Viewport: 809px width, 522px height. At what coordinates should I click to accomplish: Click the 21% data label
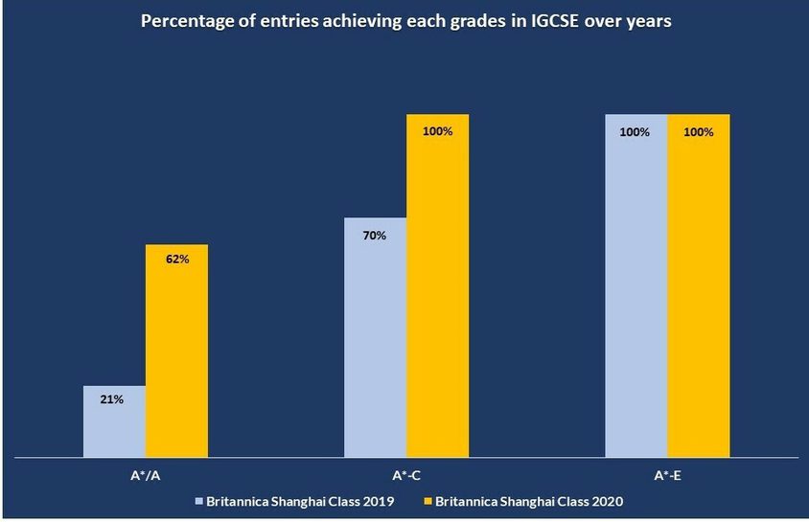pyautogui.click(x=111, y=398)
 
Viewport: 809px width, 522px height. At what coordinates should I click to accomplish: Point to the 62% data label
pyautogui.click(x=177, y=259)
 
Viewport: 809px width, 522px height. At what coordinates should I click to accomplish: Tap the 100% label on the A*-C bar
pyautogui.click(x=437, y=130)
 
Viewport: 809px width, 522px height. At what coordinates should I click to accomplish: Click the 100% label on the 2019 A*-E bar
pyautogui.click(x=635, y=132)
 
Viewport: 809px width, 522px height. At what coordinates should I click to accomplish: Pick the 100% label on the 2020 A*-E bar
pyautogui.click(x=699, y=132)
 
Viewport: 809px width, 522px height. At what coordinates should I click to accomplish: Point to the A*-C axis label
pyautogui.click(x=405, y=474)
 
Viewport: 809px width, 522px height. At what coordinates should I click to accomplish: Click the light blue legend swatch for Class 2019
pyautogui.click(x=198, y=500)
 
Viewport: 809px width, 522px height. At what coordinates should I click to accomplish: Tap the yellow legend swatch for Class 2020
pyautogui.click(x=427, y=500)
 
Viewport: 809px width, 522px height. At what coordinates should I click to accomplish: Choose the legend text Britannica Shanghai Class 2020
pyautogui.click(x=529, y=500)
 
